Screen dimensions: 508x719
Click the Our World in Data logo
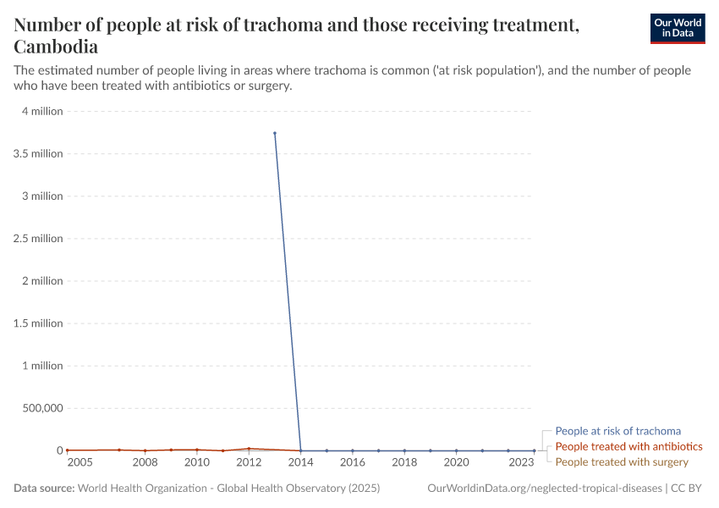(x=677, y=28)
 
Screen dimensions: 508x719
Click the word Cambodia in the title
(x=56, y=47)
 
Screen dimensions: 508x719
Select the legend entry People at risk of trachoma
(x=617, y=431)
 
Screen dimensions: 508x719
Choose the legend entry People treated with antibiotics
(x=628, y=446)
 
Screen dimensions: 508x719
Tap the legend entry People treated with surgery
(x=622, y=461)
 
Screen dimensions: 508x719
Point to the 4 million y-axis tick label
(x=42, y=111)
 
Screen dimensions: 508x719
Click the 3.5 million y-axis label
(x=38, y=153)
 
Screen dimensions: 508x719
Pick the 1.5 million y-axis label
(x=38, y=323)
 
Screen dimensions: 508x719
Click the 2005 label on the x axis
(x=80, y=462)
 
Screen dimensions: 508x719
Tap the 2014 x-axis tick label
(x=300, y=462)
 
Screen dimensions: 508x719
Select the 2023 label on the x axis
(x=521, y=462)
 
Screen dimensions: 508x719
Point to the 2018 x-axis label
(x=404, y=462)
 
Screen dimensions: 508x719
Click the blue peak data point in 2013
(x=275, y=133)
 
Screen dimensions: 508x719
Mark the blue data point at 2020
(x=456, y=450)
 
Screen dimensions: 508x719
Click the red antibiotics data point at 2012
(x=249, y=449)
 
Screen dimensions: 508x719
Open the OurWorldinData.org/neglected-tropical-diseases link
(x=545, y=489)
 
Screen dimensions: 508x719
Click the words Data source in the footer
(x=44, y=489)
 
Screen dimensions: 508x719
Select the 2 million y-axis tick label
(x=42, y=280)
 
